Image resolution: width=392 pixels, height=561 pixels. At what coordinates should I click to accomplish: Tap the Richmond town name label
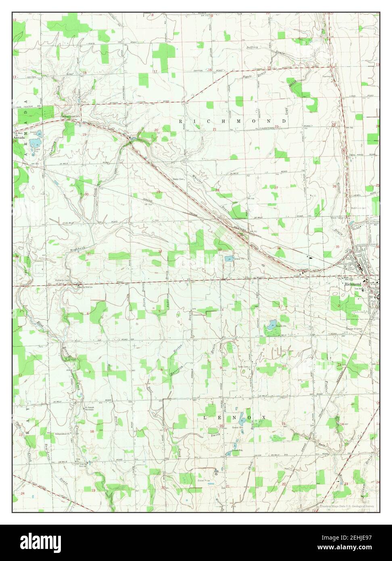pyautogui.click(x=352, y=284)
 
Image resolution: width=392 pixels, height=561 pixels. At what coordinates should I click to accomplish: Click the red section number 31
pyautogui.click(x=89, y=253)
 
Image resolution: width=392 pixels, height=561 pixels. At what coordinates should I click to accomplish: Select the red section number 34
pyautogui.click(x=279, y=248)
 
